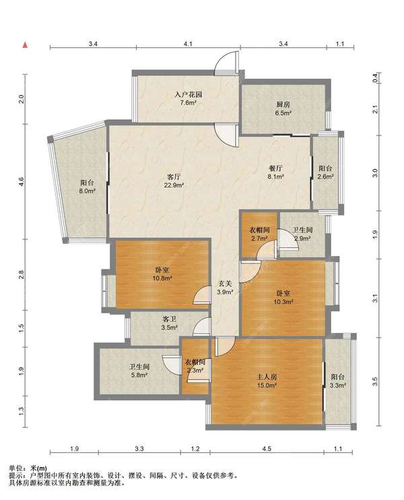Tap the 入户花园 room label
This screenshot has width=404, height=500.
pos(189,95)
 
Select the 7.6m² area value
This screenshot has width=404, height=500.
pos(189,102)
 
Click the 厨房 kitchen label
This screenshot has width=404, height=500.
pos(283,104)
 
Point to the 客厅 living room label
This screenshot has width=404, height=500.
pos(174,177)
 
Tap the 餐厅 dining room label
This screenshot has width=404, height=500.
pos(276,168)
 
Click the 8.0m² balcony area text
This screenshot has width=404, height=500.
pos(88,191)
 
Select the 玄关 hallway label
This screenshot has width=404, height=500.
pos(226,284)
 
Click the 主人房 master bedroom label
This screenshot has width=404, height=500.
pos(267,377)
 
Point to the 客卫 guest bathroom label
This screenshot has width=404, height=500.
pos(170,319)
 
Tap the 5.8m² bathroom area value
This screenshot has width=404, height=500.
pos(139,375)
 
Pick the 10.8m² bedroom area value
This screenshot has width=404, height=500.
pos(162,278)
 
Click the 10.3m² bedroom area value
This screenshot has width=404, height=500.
pos(283,301)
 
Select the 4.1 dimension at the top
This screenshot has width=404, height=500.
pos(188,44)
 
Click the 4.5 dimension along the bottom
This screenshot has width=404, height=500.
pos(267,449)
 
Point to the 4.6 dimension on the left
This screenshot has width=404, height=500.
pos(21,183)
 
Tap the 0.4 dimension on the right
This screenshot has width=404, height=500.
pos(375,77)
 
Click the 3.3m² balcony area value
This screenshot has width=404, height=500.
pos(338,385)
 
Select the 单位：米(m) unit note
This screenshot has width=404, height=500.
pos(28,468)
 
